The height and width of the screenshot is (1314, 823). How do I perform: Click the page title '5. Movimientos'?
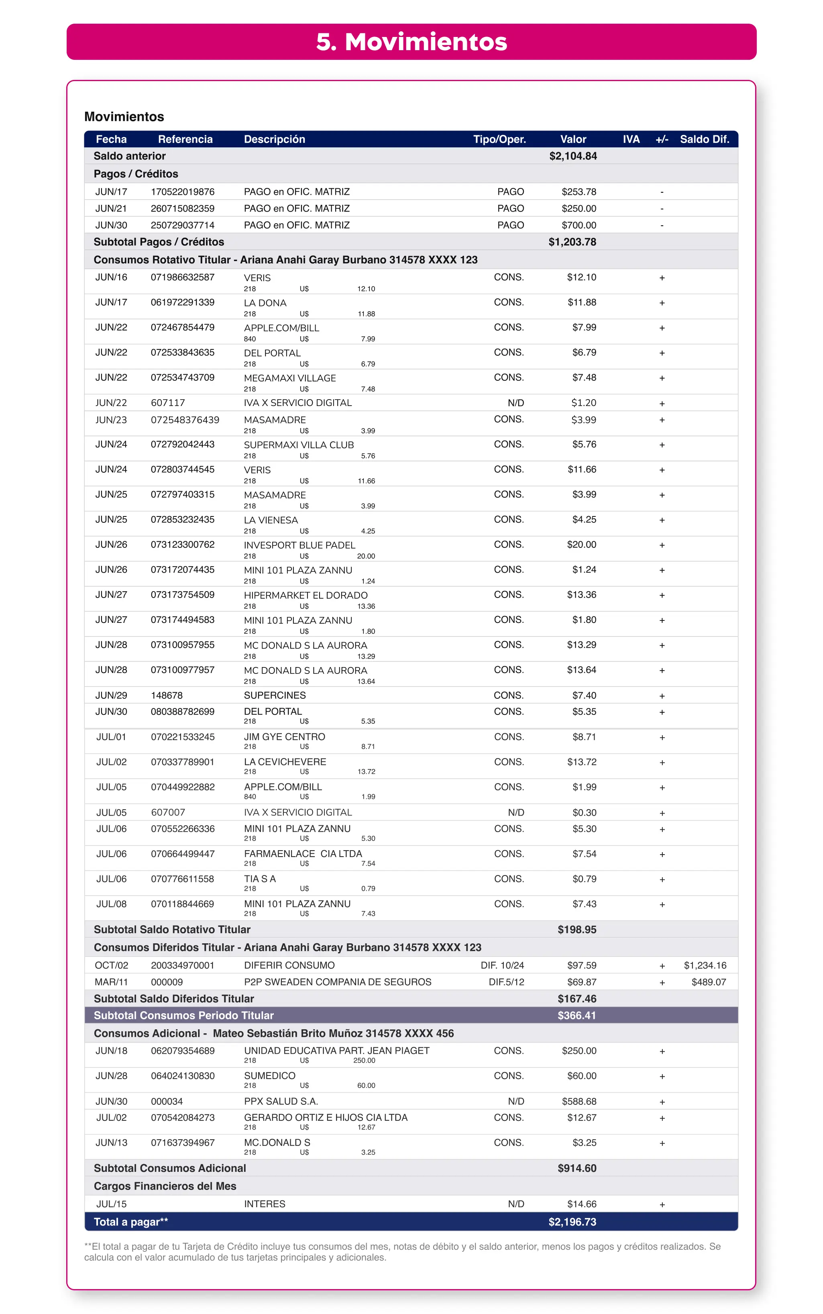411,42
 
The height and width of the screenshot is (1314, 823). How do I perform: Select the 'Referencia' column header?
185,139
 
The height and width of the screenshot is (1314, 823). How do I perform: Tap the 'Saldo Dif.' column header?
704,139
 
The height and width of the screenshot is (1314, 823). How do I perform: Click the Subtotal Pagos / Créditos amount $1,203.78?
572,242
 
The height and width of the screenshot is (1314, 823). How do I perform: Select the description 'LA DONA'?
265,303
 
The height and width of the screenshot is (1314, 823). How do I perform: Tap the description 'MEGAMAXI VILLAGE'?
289,378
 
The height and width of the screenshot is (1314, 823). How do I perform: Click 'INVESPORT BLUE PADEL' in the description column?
299,545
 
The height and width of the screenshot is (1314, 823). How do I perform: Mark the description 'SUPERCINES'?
275,696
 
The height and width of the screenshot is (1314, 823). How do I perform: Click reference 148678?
167,696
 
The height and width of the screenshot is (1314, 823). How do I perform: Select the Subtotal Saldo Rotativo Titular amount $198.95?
577,930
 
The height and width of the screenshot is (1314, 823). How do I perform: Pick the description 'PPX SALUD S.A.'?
281,1102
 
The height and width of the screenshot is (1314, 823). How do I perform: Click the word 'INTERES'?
265,1204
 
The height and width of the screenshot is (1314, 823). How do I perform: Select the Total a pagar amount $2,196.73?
572,1222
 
